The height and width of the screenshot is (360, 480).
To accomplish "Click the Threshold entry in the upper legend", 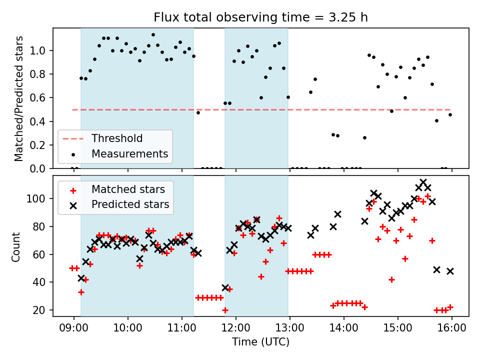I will point(116,138).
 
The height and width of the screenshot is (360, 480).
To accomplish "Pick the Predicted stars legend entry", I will point(130,204).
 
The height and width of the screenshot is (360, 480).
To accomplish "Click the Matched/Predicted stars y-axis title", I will point(18,98).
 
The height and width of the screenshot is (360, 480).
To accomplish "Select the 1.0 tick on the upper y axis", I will point(41,50).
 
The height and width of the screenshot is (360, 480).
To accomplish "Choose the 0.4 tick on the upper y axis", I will point(41,121).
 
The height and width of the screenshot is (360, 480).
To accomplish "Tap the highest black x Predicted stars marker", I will point(423,182).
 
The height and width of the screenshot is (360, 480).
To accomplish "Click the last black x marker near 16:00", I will point(450,271).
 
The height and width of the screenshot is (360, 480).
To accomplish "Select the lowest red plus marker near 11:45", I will point(225,310).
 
